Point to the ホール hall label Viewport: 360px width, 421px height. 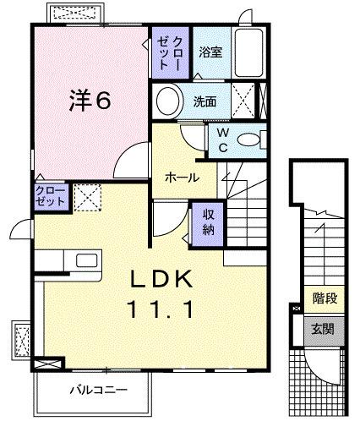click(182, 178)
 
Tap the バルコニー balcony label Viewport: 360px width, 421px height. click(98, 391)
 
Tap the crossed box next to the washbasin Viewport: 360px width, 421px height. click(245, 101)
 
